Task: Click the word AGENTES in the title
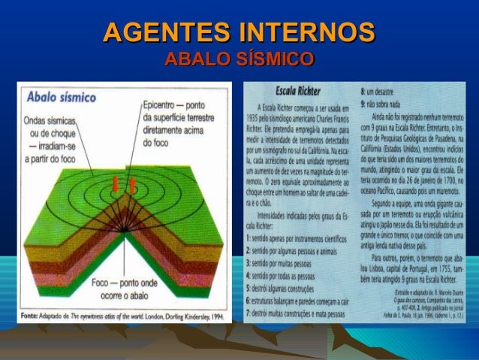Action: click(164, 33)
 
